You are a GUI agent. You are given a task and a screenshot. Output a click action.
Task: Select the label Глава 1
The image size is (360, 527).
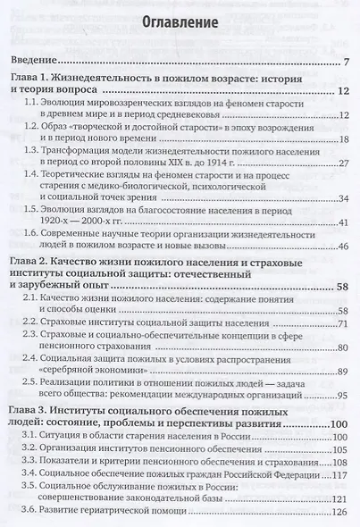[x=35, y=79]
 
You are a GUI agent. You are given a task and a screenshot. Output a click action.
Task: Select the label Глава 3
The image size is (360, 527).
[x=36, y=408]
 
